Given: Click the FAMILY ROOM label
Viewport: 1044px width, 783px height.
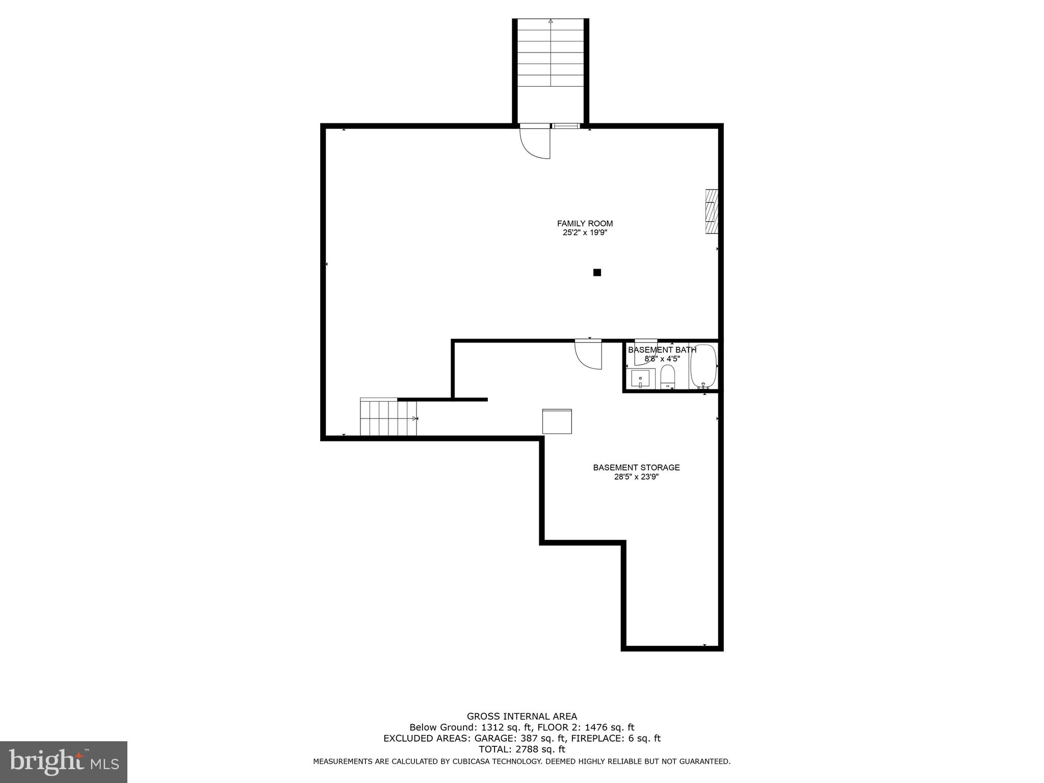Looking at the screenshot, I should pos(585,223).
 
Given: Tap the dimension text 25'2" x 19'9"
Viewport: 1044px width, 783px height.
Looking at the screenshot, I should pos(585,233).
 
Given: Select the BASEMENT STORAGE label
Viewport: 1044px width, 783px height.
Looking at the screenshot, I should pos(636,467).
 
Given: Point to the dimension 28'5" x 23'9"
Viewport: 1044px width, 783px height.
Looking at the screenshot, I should pos(636,477).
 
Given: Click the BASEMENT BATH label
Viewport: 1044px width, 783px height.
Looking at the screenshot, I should pos(662,350).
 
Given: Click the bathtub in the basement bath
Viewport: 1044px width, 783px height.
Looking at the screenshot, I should pos(703,366).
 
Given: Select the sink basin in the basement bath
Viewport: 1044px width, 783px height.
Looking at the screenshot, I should pos(640,379).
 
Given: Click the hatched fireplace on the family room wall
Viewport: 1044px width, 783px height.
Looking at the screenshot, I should pos(712,212).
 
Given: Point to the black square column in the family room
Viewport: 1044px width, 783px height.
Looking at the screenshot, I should pos(597,273).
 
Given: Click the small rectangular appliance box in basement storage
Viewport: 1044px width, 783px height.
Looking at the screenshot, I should pos(557,421).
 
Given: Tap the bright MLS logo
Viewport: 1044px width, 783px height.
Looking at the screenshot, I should pos(63,762).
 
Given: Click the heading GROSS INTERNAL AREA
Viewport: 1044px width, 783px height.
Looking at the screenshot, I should pos(521,716).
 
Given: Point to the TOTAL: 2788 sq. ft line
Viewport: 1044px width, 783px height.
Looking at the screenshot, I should pos(521,749).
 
